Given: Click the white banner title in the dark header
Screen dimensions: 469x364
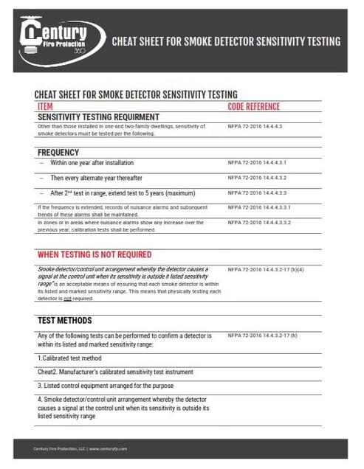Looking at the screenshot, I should (226, 41).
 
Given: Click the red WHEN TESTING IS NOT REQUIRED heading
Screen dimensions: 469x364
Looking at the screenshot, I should (95, 254).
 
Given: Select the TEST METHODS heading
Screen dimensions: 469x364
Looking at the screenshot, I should (65, 321).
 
